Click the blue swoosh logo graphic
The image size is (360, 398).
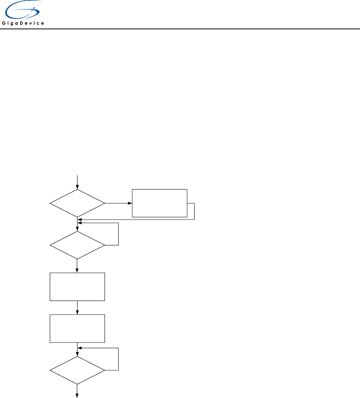[x=23, y=10]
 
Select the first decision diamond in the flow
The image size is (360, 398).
[x=77, y=204]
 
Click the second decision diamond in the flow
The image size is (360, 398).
[x=77, y=245]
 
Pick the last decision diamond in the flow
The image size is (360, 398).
[x=77, y=370]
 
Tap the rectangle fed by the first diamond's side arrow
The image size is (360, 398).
[x=159, y=203]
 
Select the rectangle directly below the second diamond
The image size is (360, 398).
[x=77, y=287]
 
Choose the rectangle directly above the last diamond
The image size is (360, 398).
[x=77, y=328]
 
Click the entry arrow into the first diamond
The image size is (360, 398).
[x=77, y=182]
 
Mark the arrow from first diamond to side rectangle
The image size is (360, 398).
[x=118, y=204]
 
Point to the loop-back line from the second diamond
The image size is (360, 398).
[x=119, y=234]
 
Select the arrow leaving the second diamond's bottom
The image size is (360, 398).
[x=77, y=266]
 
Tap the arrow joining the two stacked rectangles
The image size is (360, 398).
[x=77, y=307]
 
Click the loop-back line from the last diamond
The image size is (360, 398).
[x=119, y=358]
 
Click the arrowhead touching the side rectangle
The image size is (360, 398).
[x=130, y=204]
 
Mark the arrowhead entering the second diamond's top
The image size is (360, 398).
[x=77, y=229]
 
